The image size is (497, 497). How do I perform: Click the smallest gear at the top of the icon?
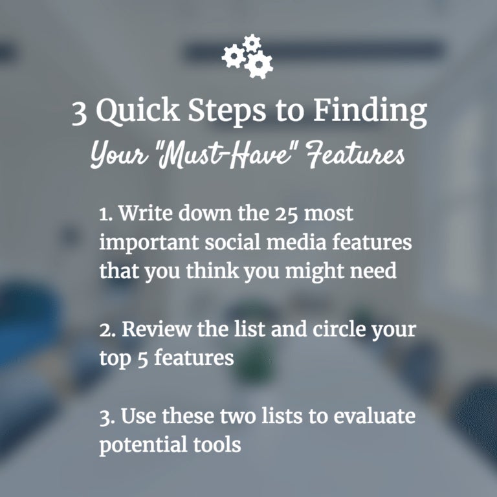[x=252, y=43]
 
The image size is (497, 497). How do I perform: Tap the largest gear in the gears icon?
[x=259, y=65]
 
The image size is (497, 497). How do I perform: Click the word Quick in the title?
[x=138, y=111]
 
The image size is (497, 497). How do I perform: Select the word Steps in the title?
[x=227, y=111]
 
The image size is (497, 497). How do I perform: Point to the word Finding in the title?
[x=370, y=111]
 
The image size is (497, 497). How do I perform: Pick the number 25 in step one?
[x=287, y=214]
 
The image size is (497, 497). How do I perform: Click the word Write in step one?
[x=147, y=213]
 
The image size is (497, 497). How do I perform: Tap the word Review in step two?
[x=157, y=329]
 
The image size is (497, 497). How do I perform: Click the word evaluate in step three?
[x=374, y=415]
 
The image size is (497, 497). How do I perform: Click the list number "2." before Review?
[x=107, y=330]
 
